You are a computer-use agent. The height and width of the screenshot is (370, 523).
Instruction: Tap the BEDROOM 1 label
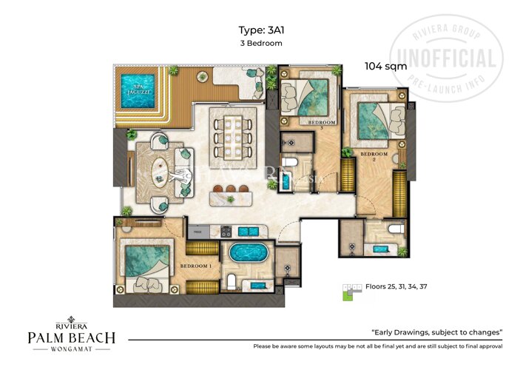pos(195,266)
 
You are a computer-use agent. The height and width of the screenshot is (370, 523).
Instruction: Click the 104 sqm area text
pos(384,66)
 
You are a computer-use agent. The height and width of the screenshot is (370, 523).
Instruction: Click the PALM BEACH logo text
pos(71,337)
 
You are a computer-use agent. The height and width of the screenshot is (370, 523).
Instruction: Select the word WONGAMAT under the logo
pos(71,351)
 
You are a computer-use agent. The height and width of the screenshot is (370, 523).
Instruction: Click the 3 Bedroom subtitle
pos(263,44)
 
